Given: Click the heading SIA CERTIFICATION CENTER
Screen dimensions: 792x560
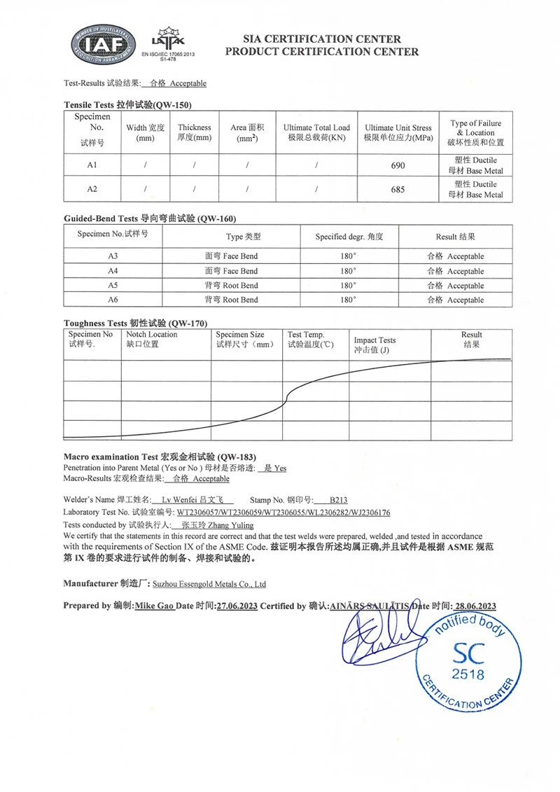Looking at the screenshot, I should [x=322, y=39].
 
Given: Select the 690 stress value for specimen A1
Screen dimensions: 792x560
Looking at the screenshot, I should [x=398, y=165].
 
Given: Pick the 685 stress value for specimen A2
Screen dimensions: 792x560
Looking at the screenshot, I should [x=398, y=189].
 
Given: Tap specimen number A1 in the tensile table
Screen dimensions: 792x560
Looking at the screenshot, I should [x=92, y=165].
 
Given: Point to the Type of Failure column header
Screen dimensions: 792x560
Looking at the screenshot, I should [x=475, y=132].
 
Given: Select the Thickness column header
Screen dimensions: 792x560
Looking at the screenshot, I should [x=194, y=132].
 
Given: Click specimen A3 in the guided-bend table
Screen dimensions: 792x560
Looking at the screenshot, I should [x=113, y=256].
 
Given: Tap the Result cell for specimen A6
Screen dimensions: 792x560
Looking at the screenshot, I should [x=455, y=300].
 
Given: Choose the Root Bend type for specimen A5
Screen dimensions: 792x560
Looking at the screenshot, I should [x=231, y=286].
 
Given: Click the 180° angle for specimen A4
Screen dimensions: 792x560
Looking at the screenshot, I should [x=348, y=271].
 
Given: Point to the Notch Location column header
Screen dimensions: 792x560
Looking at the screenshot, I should [x=152, y=339].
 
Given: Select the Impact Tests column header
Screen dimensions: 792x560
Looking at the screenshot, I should [x=374, y=345].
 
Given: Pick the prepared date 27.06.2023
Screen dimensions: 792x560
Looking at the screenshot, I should [x=237, y=606].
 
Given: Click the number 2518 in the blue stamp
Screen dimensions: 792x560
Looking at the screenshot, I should [x=468, y=675].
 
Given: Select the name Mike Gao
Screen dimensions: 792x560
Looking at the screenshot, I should [x=155, y=606].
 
